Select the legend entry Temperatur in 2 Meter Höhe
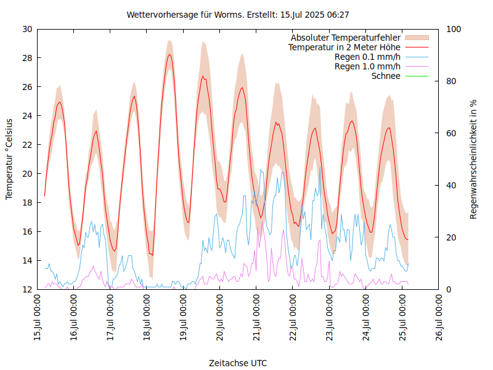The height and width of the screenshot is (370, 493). [x=344, y=47]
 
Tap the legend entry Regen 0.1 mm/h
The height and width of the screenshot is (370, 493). [x=367, y=57]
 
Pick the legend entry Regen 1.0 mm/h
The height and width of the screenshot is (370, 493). [x=367, y=67]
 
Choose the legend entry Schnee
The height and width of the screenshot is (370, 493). [x=386, y=76]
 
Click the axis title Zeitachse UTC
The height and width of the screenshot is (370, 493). [x=238, y=363]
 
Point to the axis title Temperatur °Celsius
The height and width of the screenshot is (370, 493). [x=9, y=159]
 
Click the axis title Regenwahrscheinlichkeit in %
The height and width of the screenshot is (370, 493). [x=474, y=159]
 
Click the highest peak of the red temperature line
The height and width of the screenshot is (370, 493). [x=169, y=54]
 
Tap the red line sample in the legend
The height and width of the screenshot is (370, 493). [x=416, y=47]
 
